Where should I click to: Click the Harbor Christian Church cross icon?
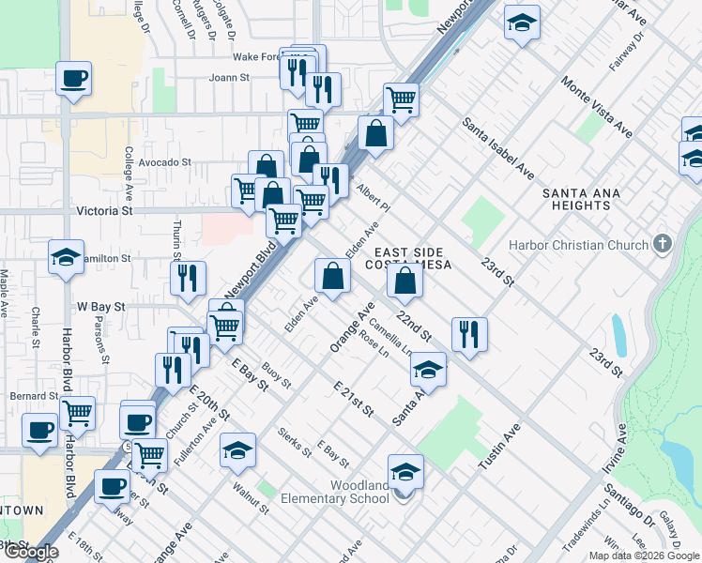click(664, 245)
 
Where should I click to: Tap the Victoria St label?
click(105, 211)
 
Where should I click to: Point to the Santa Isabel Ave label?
click(497, 149)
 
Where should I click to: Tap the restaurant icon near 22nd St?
click(468, 334)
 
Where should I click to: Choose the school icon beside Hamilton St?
click(66, 257)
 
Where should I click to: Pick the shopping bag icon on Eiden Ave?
click(332, 275)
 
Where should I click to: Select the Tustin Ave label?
click(499, 446)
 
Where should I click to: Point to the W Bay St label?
click(100, 306)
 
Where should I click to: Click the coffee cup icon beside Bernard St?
click(39, 430)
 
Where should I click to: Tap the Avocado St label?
click(165, 162)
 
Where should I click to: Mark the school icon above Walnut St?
click(238, 450)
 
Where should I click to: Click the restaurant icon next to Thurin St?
click(188, 277)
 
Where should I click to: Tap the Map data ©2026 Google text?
click(644, 555)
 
